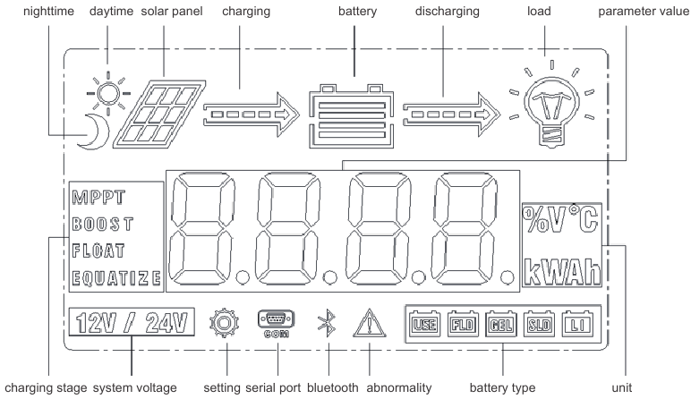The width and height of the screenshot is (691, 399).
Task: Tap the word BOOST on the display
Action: [102, 221]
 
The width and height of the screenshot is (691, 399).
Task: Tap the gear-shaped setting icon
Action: [225, 321]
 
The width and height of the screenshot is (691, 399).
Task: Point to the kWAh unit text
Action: [560, 270]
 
